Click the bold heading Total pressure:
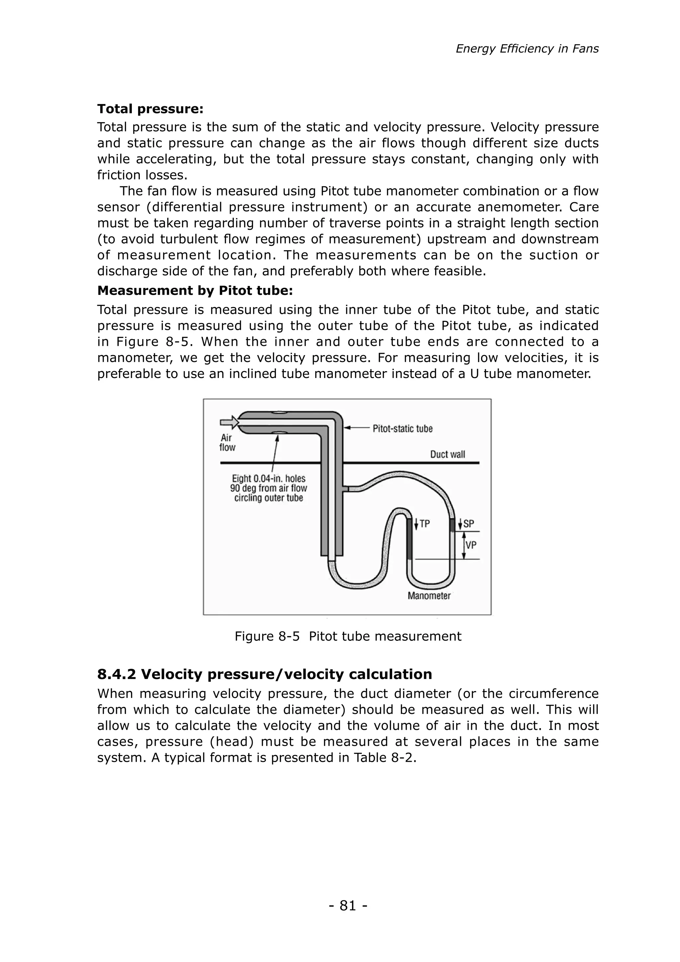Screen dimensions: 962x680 [x=150, y=109]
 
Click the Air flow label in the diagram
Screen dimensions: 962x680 [x=227, y=442]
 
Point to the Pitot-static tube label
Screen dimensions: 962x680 [x=402, y=429]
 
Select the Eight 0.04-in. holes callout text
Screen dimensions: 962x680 [x=268, y=488]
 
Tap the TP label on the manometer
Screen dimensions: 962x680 [x=424, y=524]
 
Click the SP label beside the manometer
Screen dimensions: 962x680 [x=468, y=524]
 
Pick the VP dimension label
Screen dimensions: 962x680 [x=470, y=545]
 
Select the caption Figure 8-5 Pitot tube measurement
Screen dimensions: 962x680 [x=348, y=636]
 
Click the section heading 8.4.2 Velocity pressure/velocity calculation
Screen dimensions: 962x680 [x=265, y=674]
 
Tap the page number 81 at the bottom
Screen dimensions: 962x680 [x=348, y=906]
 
